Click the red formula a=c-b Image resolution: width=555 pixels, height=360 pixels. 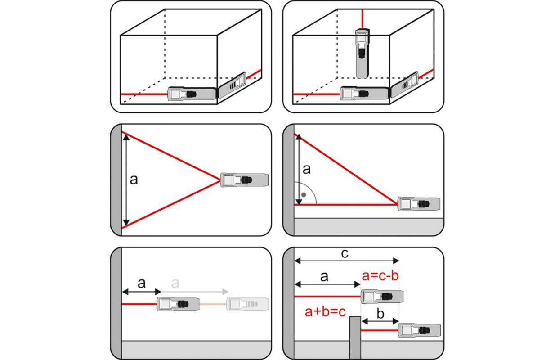(380, 276)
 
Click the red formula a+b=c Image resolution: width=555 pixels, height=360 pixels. (325, 311)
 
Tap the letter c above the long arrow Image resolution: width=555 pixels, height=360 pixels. (344, 254)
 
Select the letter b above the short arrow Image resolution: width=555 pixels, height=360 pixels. (380, 314)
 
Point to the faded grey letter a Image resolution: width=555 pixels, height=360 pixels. (175, 283)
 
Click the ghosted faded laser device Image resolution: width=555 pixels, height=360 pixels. (247, 304)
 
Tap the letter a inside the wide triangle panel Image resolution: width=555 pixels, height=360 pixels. (134, 180)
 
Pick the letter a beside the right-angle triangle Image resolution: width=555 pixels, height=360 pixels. (306, 170)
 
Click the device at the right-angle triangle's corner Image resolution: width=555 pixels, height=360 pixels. (418, 204)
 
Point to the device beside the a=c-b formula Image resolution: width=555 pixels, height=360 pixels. (382, 296)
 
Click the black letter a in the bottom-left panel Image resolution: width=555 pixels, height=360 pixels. (141, 283)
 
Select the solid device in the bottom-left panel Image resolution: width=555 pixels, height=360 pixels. (178, 304)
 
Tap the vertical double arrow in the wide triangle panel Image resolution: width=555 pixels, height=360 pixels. (126, 180)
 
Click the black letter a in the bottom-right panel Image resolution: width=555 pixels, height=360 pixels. (324, 276)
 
